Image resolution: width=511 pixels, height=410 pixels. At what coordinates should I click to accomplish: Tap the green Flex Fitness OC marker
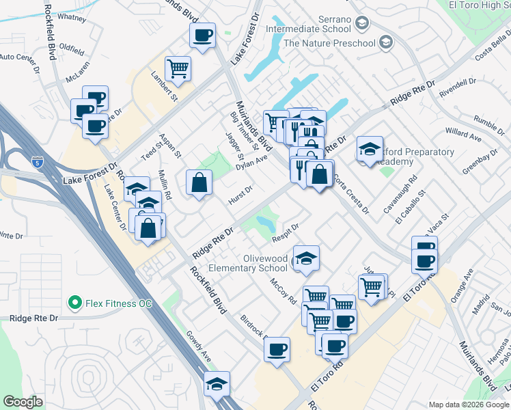(x=73, y=301)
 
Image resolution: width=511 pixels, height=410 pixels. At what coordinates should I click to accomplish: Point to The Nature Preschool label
(x=329, y=43)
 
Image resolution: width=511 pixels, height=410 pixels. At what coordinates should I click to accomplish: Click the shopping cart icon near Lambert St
(x=178, y=68)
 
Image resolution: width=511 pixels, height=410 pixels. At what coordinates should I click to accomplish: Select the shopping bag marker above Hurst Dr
(x=199, y=182)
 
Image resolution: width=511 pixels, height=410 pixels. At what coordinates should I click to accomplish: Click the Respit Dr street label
(x=286, y=232)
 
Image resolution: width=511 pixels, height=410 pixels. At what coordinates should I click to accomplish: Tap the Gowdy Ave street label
(x=199, y=346)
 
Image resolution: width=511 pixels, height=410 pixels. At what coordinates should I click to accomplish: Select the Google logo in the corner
(x=23, y=402)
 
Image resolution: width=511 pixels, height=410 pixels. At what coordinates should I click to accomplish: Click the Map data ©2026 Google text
(x=469, y=405)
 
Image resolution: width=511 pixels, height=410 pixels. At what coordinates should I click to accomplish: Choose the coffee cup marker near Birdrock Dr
(x=277, y=349)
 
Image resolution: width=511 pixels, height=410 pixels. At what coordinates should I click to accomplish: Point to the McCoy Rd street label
(x=282, y=290)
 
